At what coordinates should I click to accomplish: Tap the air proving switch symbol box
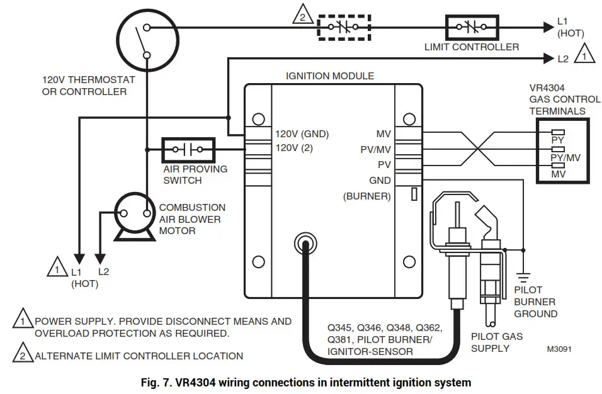click(x=188, y=150)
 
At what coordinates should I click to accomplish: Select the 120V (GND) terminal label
click(x=302, y=134)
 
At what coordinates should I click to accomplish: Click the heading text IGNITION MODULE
click(x=329, y=76)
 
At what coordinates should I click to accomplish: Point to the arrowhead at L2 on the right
click(x=547, y=59)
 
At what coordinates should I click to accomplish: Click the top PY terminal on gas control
click(x=557, y=133)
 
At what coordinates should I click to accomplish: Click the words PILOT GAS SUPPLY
click(x=497, y=342)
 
